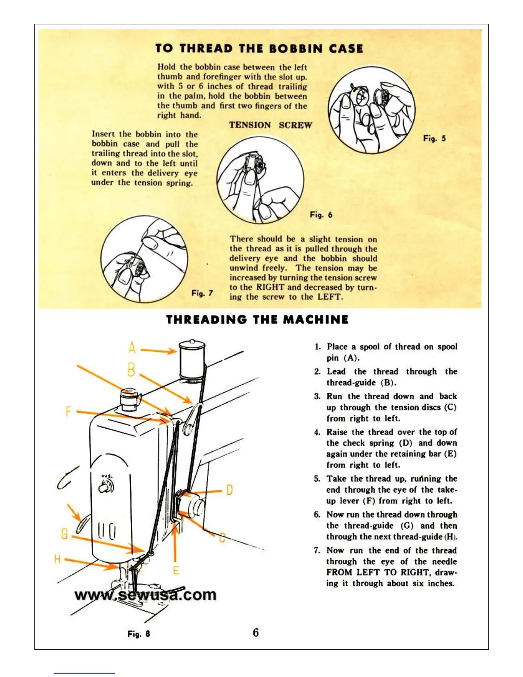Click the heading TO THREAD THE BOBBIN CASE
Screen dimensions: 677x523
(259, 48)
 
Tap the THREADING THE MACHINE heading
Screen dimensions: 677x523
(257, 320)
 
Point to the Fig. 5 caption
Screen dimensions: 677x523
(434, 138)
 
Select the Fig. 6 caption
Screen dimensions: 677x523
(321, 215)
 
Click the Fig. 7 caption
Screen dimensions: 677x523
(202, 293)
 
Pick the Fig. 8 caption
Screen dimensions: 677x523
(139, 634)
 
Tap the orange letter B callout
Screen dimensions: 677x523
(131, 369)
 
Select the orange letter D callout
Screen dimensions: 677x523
(229, 489)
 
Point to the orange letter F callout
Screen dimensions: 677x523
(68, 411)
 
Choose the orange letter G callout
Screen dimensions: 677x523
(64, 534)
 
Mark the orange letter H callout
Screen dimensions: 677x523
(57, 559)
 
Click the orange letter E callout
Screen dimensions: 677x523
(176, 570)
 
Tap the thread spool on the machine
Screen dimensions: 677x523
(192, 359)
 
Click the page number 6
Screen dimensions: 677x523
(256, 633)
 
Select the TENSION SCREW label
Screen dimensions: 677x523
(270, 125)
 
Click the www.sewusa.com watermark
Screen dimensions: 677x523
(145, 595)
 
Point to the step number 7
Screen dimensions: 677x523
(317, 550)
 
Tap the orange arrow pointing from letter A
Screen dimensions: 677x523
(158, 350)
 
